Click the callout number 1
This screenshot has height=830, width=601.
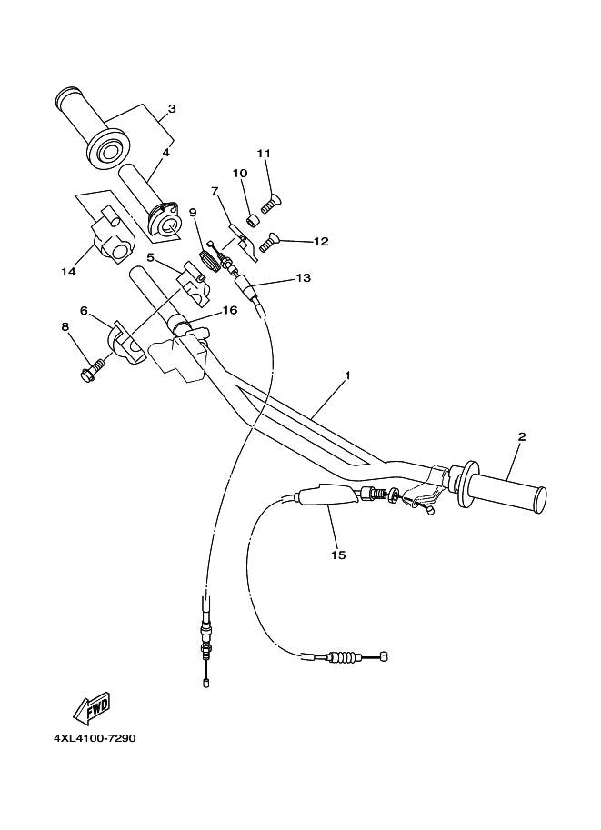coord(347,375)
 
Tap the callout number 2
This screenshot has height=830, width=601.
coord(522,436)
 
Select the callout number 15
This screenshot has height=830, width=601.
coord(338,555)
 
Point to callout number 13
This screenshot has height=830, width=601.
coord(304,278)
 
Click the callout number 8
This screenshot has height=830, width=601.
coord(65,327)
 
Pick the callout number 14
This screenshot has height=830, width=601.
coord(68,272)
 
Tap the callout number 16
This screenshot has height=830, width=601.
coord(230,310)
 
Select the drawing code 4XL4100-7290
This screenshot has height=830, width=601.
coord(95,738)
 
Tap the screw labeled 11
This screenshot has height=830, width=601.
coord(271,204)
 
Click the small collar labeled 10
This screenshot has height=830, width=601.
coord(253,220)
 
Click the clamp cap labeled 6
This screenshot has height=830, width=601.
coord(129,344)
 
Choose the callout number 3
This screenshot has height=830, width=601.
coord(172,109)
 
